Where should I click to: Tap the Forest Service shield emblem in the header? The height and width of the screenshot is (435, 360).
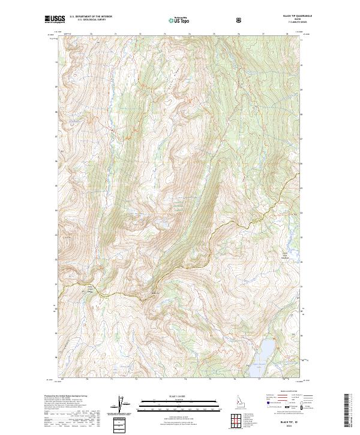point(240,20)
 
